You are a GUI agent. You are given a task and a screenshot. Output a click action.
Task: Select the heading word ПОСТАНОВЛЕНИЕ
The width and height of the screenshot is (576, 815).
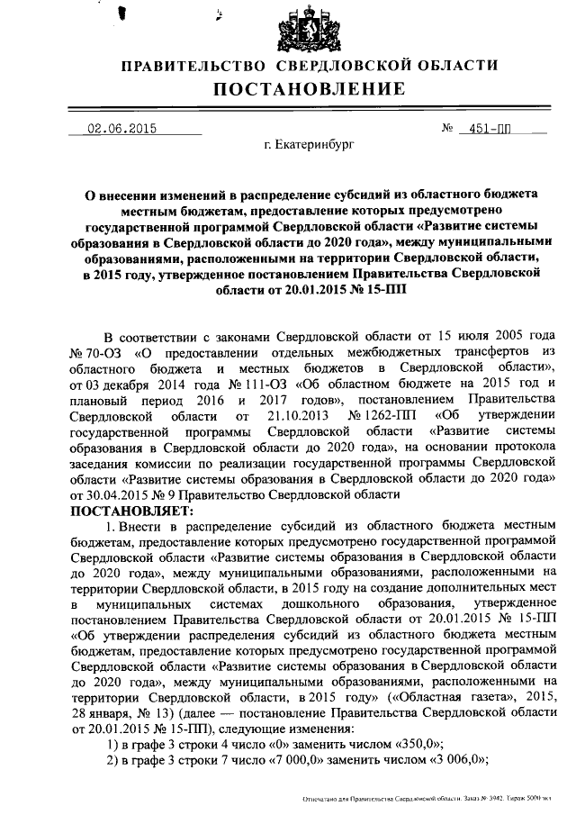click(310, 89)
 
